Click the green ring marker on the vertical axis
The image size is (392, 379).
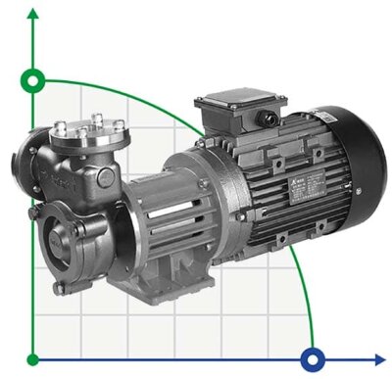pos(34,80)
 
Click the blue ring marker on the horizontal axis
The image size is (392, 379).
pos(314,358)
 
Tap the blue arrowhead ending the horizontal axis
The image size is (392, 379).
pos(379,358)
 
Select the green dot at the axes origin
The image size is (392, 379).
pos(34,358)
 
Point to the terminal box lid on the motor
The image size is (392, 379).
pos(235,102)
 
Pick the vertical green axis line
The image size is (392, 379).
pos(34,215)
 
